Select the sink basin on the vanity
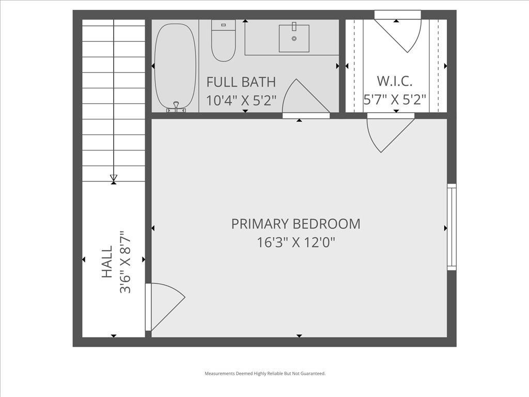(x=294, y=38)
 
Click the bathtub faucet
(x=176, y=107)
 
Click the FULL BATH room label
(x=241, y=82)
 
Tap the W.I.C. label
(x=395, y=81)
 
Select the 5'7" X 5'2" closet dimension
(x=395, y=100)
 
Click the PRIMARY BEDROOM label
(x=295, y=224)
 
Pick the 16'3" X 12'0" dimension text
(x=296, y=242)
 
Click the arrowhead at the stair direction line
(x=114, y=179)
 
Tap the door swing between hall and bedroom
(x=164, y=305)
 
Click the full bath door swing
(x=305, y=98)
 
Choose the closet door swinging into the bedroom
(x=388, y=133)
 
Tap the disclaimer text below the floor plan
(x=265, y=373)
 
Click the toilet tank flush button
(x=223, y=24)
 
